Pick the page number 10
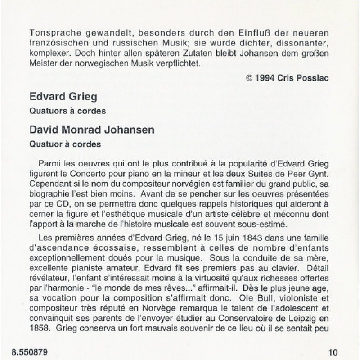[x=333, y=349]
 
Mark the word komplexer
[x=47, y=54]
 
